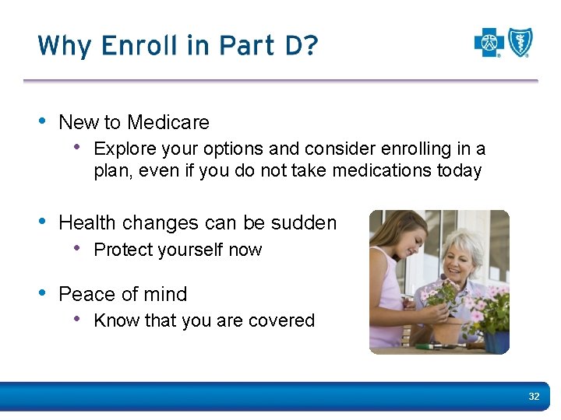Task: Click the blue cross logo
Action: coord(489,43)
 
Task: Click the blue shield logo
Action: coord(520,43)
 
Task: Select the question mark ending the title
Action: coord(311,46)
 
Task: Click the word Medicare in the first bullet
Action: coord(168,123)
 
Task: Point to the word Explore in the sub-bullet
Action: coord(122,149)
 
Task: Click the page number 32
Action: coord(534,397)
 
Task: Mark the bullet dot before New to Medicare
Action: coord(43,121)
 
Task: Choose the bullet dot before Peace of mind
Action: coord(43,293)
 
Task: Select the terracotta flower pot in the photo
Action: coord(447,330)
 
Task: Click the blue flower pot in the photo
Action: coord(495,341)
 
